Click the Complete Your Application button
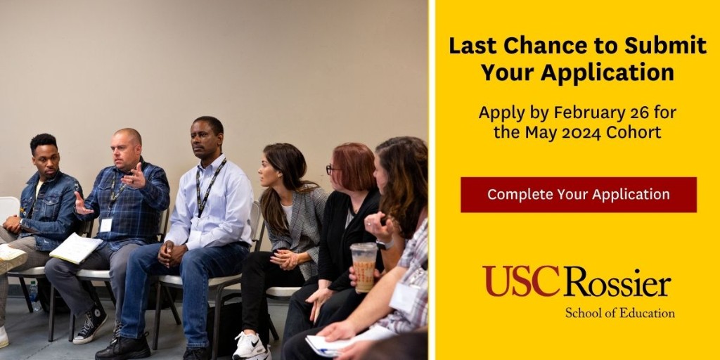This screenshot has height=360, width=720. pos(578,194)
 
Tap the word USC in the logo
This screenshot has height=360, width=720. pos(520,281)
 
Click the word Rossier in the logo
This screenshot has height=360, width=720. pos(617,283)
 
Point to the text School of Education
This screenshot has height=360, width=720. pos(619,313)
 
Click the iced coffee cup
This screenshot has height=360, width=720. pos(364,266)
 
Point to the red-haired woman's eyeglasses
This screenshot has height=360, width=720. pos(331,169)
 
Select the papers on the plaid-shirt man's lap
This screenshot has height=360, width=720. pos(75,247)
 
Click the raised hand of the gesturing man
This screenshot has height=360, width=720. pos(135,176)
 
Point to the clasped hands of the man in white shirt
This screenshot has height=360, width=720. pos(169,252)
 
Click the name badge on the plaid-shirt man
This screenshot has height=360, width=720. pos(105,224)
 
